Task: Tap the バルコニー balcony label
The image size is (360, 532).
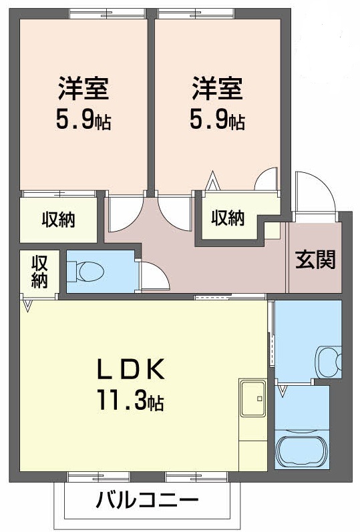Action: coord(148,499)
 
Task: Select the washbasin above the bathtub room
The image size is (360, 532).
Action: coord(327,361)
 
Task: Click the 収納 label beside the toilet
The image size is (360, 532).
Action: coord(39,271)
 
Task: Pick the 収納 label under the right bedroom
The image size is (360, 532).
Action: coord(228,218)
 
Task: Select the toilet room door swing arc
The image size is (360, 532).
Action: coord(153,276)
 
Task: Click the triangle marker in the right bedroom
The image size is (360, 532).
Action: coord(213,180)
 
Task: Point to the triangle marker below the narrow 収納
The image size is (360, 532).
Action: coord(27,306)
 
